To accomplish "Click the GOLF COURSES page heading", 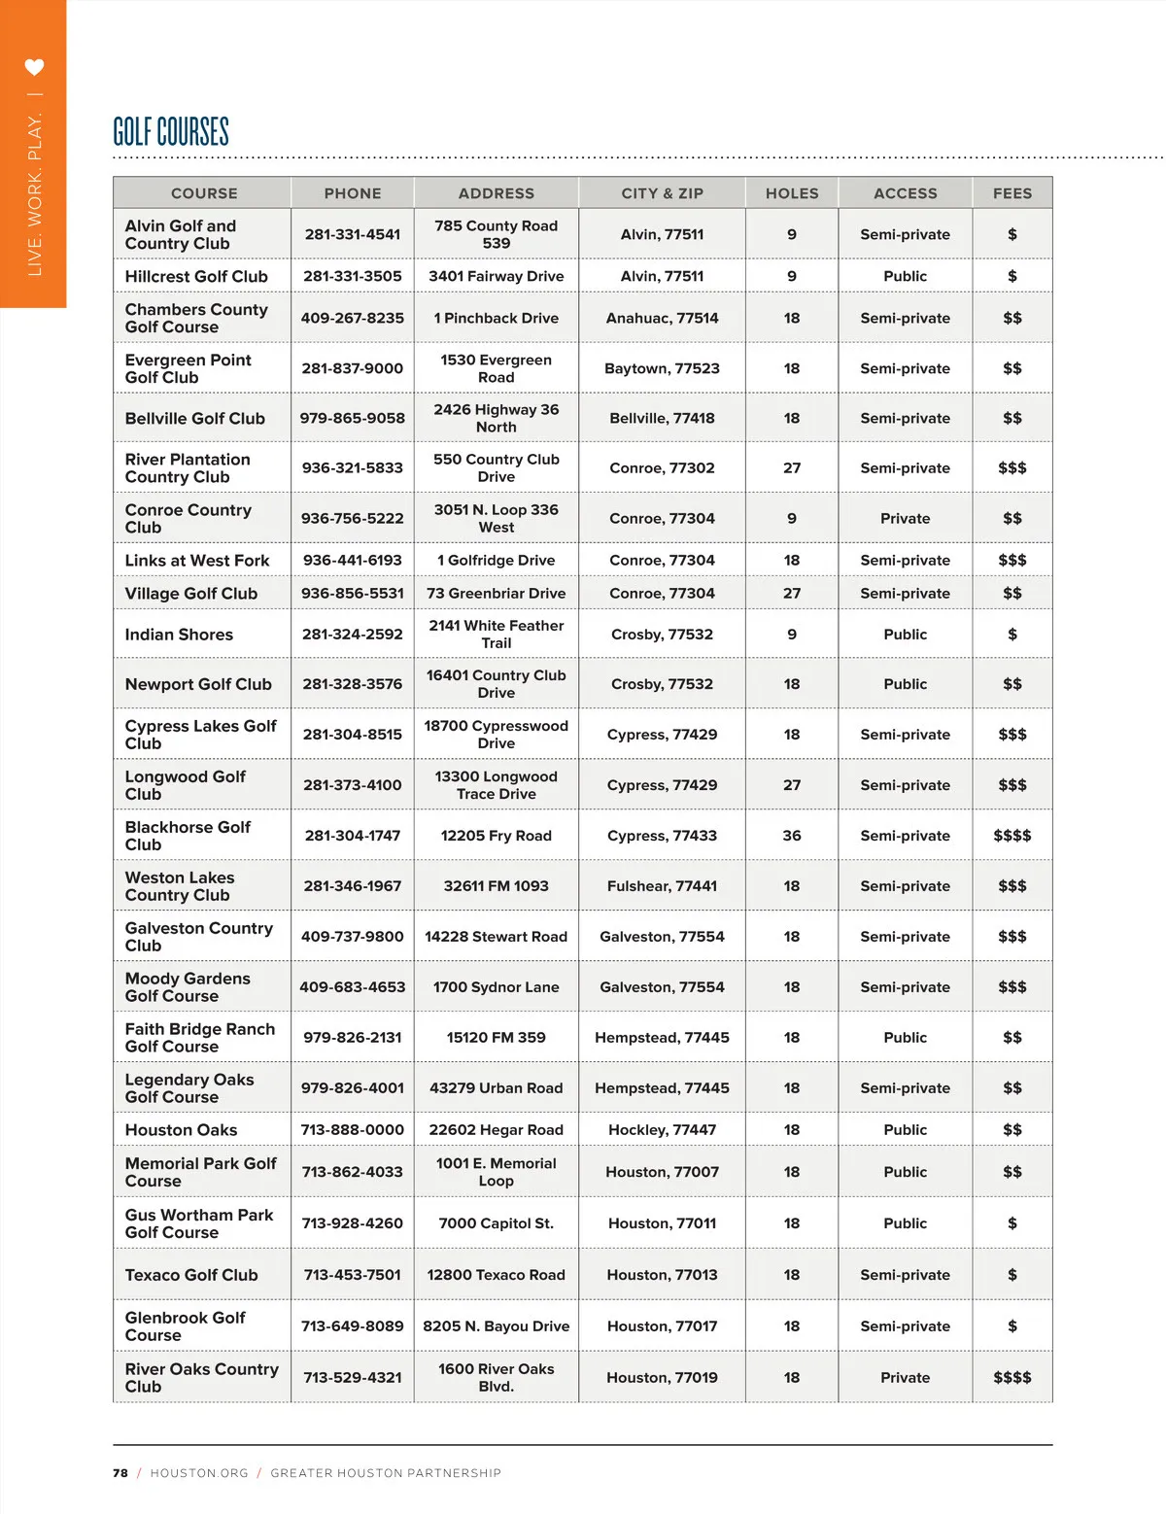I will [x=171, y=131].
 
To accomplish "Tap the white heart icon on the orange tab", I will [x=34, y=67].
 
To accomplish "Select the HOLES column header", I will [x=791, y=193].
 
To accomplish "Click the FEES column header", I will [x=1012, y=193].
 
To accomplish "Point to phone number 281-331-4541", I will [x=352, y=234].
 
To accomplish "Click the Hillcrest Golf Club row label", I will [x=196, y=276].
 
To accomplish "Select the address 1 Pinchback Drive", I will [x=496, y=318].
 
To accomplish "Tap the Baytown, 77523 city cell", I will [x=662, y=368].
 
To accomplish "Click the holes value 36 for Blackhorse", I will [x=791, y=836].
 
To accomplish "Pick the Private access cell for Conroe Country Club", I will [x=905, y=518].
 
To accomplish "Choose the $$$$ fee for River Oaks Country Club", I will [x=1012, y=1377].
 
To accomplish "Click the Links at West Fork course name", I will [x=197, y=560].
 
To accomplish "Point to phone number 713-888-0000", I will [x=352, y=1129].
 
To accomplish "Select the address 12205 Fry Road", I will [x=496, y=836].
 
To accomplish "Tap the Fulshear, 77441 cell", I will [x=662, y=886].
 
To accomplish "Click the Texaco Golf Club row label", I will [x=191, y=1275].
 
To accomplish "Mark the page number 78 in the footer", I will [x=120, y=1473].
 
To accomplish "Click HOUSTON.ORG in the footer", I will [x=199, y=1473].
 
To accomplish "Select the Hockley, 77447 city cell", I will [x=662, y=1129].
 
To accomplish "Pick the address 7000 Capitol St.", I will [x=496, y=1223].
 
